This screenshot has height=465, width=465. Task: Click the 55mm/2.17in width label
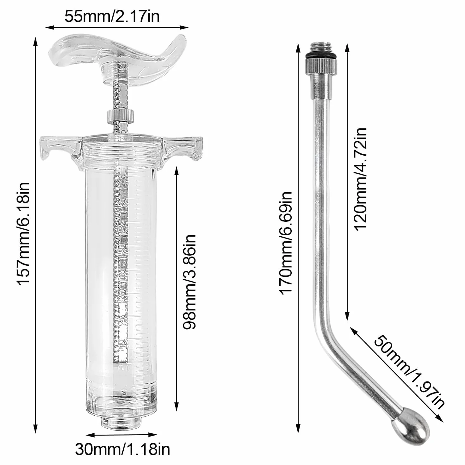tap(112, 17)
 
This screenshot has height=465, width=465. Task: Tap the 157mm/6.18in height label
tap(23, 234)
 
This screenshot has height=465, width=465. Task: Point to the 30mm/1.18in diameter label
tap(123, 449)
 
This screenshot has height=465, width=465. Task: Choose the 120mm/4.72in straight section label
tap(360, 179)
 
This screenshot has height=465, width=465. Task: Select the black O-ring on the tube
tap(321, 57)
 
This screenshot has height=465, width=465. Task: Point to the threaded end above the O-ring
tap(321, 49)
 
